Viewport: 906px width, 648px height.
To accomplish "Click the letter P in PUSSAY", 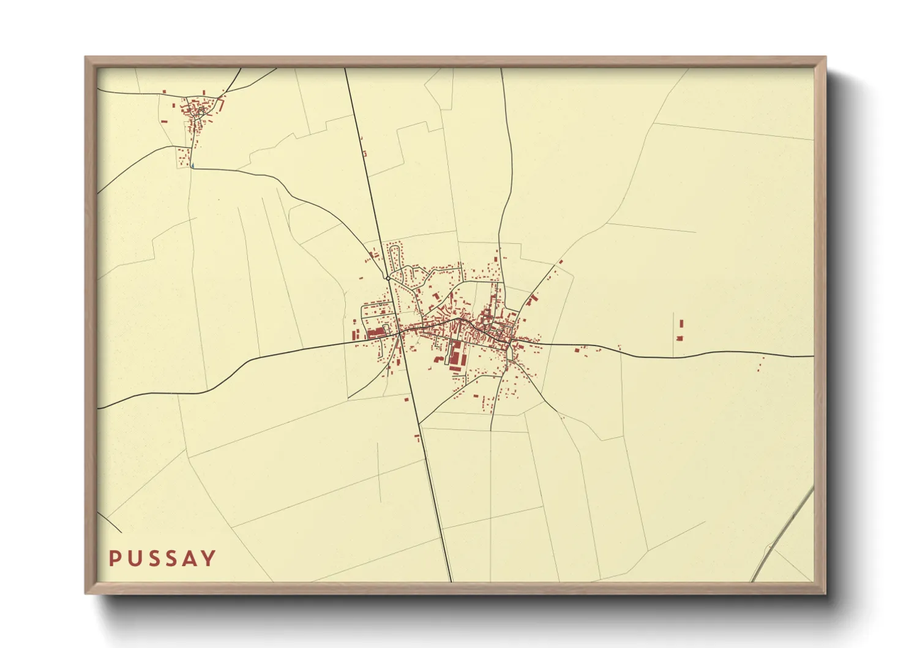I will click(x=114, y=559).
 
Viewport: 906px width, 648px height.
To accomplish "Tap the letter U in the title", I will click(x=134, y=559).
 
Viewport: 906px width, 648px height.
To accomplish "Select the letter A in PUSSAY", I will click(x=191, y=559).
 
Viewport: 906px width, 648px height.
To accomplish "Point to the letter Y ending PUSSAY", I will click(x=209, y=559).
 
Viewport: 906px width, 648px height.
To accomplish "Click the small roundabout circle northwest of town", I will click(x=388, y=278).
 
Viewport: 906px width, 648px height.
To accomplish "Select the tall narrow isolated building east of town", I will click(x=681, y=323).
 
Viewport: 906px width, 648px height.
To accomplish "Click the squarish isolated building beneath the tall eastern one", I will click(x=679, y=338).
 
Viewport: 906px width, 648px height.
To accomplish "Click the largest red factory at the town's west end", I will click(x=375, y=332).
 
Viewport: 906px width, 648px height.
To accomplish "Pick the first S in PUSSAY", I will click(x=153, y=559).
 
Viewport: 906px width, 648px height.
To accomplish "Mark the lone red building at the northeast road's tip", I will click(x=561, y=262).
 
